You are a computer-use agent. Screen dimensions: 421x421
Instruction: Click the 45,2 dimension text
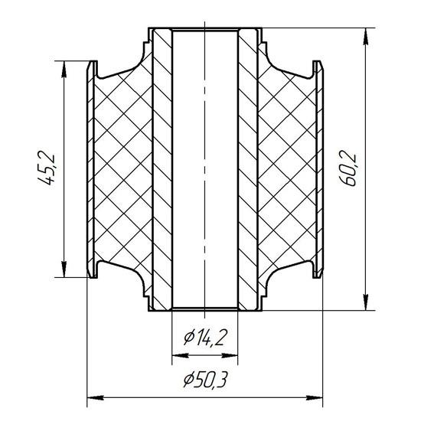(48, 169)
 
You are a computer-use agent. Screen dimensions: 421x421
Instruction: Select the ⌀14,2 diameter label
(206, 338)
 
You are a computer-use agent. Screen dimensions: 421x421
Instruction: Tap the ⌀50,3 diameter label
(205, 380)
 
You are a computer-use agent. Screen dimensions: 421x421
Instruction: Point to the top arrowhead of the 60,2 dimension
(365, 37)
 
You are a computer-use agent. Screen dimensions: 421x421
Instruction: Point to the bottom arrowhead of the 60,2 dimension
(365, 302)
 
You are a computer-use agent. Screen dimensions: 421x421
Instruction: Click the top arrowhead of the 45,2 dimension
(64, 70)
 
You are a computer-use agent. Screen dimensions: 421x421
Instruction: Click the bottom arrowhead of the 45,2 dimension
(64, 268)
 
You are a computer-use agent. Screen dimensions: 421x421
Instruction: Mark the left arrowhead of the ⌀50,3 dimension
(96, 397)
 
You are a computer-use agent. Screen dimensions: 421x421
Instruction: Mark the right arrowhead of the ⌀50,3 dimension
(314, 397)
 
